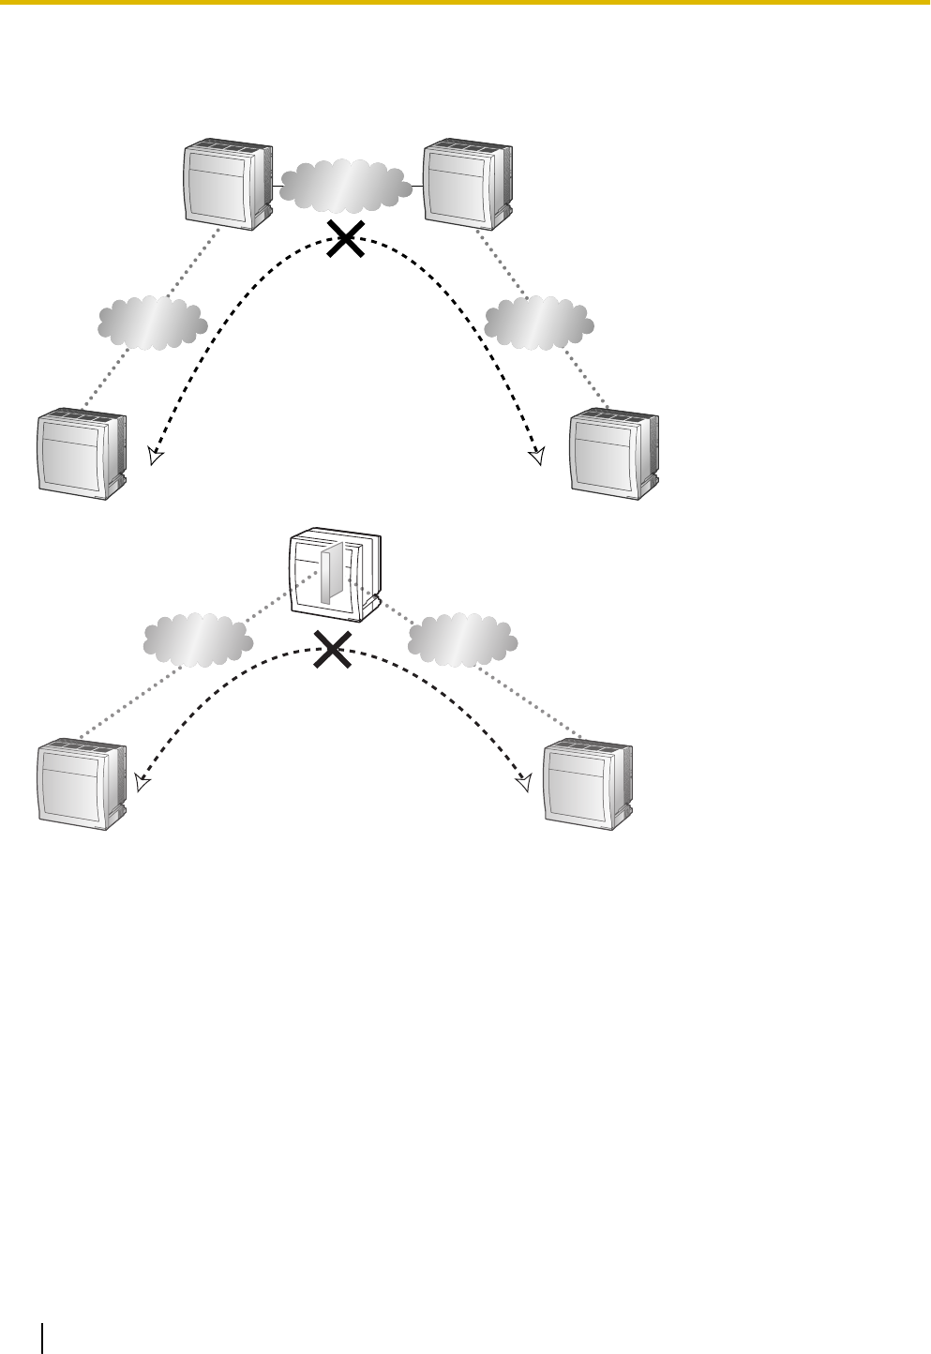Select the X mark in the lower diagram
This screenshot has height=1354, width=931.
[x=332, y=648]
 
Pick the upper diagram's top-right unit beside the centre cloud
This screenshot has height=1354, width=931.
[x=468, y=183]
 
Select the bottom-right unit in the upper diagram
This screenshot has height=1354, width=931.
[x=616, y=454]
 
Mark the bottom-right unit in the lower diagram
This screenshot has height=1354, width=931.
[x=590, y=784]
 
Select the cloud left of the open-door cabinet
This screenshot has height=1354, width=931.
[x=199, y=641]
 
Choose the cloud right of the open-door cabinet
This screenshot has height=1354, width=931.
[x=464, y=641]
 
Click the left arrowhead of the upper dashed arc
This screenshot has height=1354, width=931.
[x=156, y=458]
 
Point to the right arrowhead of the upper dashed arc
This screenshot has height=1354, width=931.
[x=537, y=458]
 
